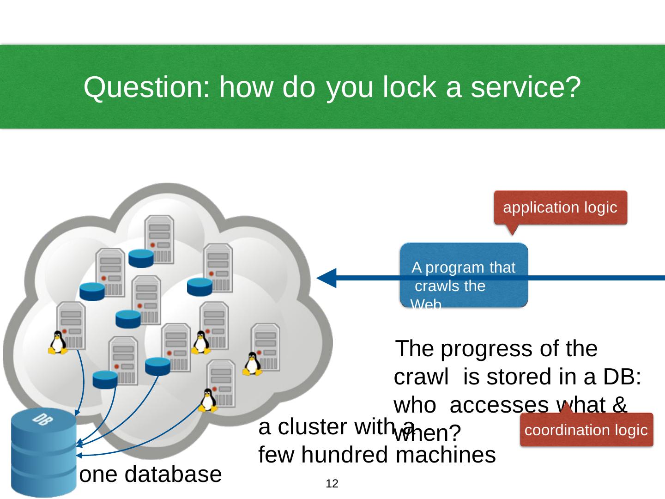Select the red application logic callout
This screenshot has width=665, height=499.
tap(560, 208)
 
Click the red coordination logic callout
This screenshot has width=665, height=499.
tap(586, 430)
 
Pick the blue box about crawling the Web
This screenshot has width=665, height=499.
tap(463, 276)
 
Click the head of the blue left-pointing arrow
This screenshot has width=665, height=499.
tap(326, 278)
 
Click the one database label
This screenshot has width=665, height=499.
tap(151, 475)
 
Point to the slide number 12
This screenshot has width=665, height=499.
tap(332, 484)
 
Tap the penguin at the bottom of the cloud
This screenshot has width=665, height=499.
tap(208, 400)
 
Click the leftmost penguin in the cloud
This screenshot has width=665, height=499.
tap(58, 343)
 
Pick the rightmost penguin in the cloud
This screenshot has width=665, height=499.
tap(252, 364)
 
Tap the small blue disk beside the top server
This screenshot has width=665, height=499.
tap(141, 259)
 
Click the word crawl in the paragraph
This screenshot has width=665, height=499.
tap(421, 377)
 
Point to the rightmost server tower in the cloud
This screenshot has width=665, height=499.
tap(266, 347)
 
